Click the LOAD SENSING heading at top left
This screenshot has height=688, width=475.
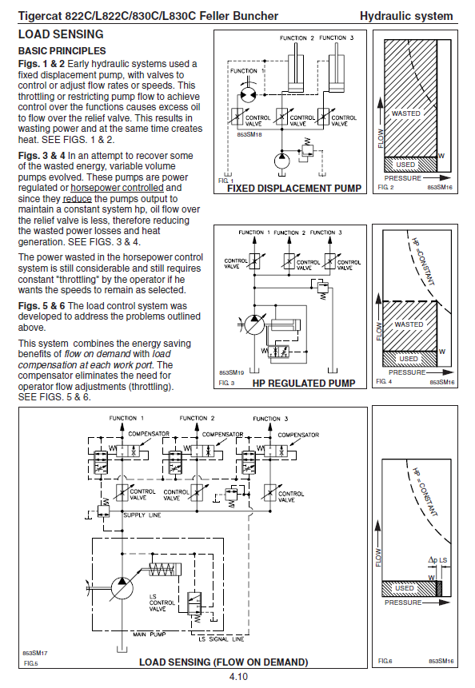pos(61,34)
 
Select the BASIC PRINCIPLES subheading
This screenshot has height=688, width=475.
pos(62,51)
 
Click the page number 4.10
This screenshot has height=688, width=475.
pos(238,677)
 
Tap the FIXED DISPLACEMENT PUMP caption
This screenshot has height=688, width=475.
pos(294,189)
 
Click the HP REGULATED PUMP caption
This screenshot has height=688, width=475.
pos(304,383)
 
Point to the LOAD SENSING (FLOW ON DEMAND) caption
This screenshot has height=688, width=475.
pos(223,662)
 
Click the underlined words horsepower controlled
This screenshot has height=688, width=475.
pos(118,188)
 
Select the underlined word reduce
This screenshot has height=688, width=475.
pos(78,199)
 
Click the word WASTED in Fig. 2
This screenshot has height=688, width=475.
pos(406,113)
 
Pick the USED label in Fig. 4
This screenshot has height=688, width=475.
pos(409,359)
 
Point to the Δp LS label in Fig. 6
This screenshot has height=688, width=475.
pos(437,560)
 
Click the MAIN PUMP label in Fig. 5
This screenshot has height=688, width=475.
pos(150,634)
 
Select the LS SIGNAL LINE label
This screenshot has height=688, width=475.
pos(222,639)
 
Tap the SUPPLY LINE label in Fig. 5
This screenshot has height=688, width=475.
pos(142,515)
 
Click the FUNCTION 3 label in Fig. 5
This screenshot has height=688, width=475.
pos(270,419)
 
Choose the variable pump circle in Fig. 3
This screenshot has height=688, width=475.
pos(254,325)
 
